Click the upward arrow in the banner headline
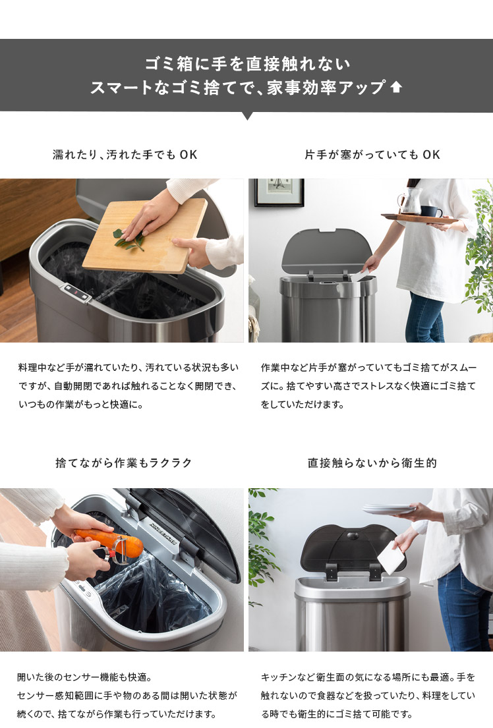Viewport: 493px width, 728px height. tap(396, 87)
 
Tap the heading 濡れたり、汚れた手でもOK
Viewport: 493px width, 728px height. tap(125, 155)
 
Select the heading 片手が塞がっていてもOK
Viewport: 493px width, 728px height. tap(372, 155)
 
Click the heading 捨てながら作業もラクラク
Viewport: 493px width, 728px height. tap(124, 463)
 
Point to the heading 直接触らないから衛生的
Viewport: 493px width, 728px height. tap(372, 463)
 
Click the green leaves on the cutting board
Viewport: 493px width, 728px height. tap(129, 238)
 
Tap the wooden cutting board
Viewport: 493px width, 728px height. tap(145, 236)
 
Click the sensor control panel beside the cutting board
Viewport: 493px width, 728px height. tap(76, 293)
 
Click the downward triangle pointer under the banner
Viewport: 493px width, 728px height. tap(248, 115)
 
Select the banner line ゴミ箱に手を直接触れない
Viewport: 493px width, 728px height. tap(247, 64)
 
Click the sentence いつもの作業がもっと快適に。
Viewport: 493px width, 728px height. tap(81, 405)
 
